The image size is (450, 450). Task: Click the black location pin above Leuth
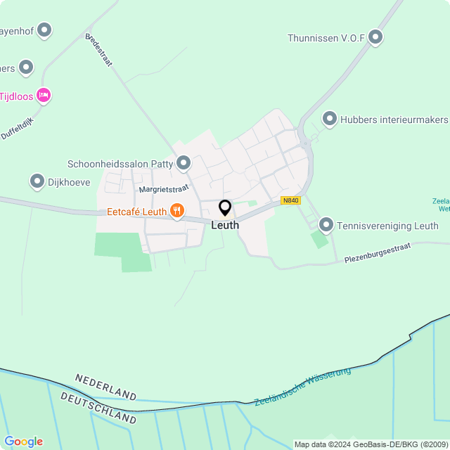[225, 208]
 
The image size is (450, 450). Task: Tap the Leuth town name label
[225, 225]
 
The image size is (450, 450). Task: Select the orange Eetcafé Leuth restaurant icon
[176, 211]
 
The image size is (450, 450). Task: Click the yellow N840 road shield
[290, 200]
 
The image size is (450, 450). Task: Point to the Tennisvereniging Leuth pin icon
[326, 225]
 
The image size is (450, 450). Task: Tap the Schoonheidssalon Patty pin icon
[184, 163]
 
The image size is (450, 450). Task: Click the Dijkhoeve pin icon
[37, 181]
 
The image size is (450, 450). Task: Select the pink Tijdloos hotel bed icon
[44, 95]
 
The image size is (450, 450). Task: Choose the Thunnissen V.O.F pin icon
[375, 37]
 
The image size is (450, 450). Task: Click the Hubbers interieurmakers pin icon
[329, 119]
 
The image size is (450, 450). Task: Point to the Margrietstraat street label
[165, 189]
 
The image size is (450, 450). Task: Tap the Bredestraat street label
[99, 50]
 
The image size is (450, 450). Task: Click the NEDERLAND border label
[105, 386]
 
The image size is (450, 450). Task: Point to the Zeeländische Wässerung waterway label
[302, 386]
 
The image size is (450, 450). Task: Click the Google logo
[23, 441]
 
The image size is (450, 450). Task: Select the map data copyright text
[371, 444]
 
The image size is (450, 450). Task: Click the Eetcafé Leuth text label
[136, 211]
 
